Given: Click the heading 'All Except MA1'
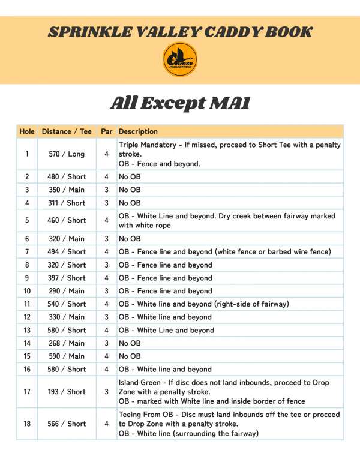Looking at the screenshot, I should point(180,103).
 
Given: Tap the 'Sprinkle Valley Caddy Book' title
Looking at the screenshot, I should point(180,32).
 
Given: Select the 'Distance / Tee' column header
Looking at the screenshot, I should point(67,131).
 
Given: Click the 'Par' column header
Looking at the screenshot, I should point(106,131).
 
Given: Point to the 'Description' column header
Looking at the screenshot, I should point(138,131).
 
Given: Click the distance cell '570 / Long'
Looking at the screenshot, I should point(67,154).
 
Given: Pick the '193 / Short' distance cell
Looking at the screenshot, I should point(67,392).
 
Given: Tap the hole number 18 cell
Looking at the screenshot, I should point(27,424).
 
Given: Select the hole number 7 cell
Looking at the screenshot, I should point(27,252).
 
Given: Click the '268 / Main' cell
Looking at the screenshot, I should point(67,343).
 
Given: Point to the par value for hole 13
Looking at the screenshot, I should point(106,330).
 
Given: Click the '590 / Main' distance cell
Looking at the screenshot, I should point(67,356).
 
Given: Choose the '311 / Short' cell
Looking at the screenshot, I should point(67,203).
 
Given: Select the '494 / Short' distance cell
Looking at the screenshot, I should point(67,252).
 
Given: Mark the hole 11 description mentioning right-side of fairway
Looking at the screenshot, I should point(203,304).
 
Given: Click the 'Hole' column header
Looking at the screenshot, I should point(27,131).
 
